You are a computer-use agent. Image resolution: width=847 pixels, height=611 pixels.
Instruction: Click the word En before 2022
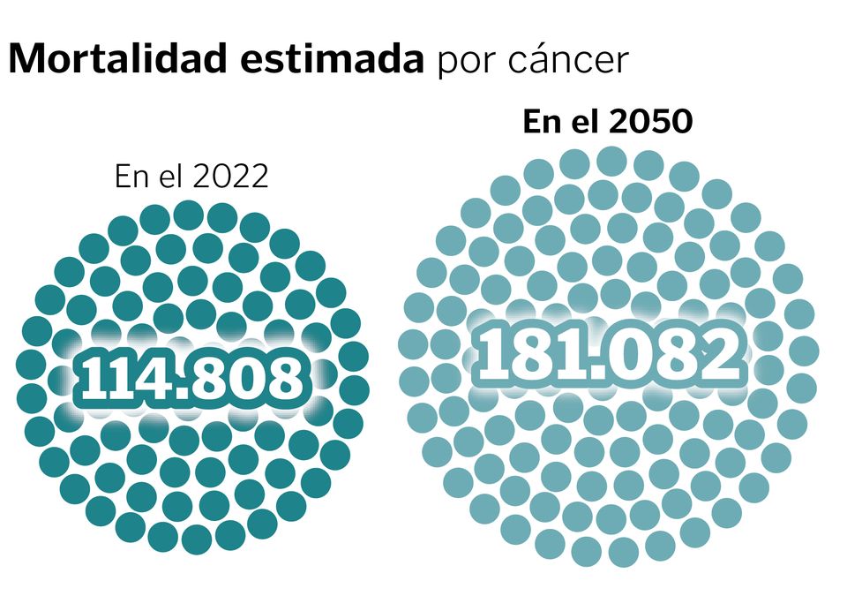(131, 177)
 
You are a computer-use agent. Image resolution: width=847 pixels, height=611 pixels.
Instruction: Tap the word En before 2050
(541, 122)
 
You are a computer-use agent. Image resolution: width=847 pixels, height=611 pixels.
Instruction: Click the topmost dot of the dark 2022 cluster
(188, 215)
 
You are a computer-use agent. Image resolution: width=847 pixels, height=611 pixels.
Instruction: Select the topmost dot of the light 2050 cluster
(611, 162)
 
